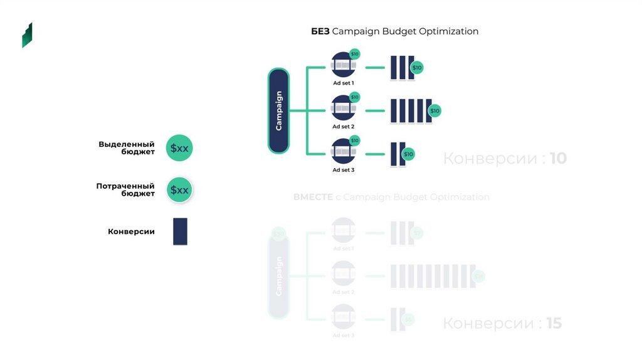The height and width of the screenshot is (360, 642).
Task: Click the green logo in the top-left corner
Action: pyautogui.click(x=27, y=35)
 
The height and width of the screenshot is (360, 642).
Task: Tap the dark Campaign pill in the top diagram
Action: pyautogui.click(x=278, y=110)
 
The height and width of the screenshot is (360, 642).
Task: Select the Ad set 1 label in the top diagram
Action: pyautogui.click(x=343, y=83)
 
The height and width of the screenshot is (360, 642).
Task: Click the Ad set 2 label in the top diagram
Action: pyautogui.click(x=343, y=126)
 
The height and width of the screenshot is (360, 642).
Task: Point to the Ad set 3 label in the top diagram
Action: pyautogui.click(x=343, y=170)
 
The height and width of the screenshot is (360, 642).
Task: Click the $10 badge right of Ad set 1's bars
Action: pyautogui.click(x=417, y=68)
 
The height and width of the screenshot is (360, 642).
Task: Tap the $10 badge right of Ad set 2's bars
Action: pyautogui.click(x=434, y=111)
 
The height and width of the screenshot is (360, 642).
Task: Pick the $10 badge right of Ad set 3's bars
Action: pyautogui.click(x=408, y=154)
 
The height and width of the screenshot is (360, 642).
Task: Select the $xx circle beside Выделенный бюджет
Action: pyautogui.click(x=179, y=149)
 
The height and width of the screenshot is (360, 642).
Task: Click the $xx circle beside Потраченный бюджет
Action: pyautogui.click(x=179, y=190)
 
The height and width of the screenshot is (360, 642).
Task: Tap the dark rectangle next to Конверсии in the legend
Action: pyautogui.click(x=180, y=231)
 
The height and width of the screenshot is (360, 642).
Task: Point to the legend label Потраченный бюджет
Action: pyautogui.click(x=125, y=190)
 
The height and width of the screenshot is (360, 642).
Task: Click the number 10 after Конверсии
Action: pyautogui.click(x=558, y=159)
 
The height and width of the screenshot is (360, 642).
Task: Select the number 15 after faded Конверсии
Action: pyautogui.click(x=554, y=324)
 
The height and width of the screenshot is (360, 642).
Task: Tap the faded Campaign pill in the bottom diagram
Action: pyautogui.click(x=278, y=276)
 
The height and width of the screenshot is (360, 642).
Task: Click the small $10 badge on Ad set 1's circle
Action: pyautogui.click(x=354, y=55)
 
